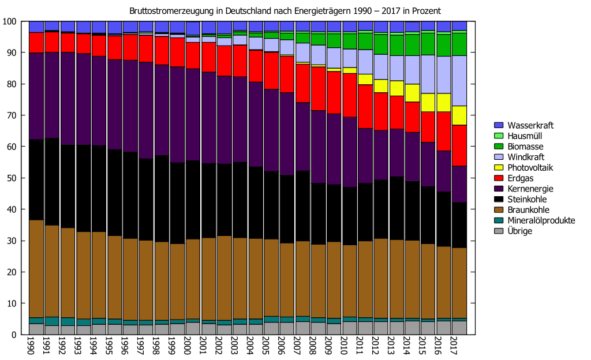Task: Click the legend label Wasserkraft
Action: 528,125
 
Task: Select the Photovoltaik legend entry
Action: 530,167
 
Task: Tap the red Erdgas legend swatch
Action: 500,178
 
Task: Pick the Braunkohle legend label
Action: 528,210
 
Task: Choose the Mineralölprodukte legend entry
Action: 541,220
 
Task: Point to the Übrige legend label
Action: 520,231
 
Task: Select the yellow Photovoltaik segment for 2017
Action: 459,115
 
